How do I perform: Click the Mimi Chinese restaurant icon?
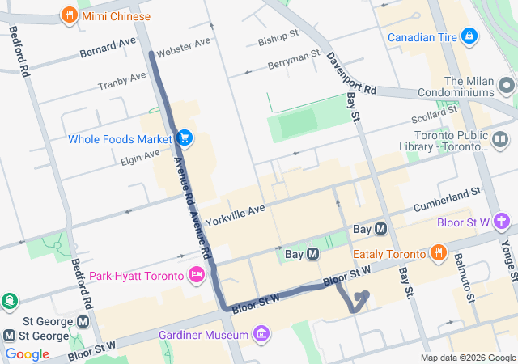[70, 15]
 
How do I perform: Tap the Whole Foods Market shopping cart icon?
[185, 139]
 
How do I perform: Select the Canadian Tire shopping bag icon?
[469, 36]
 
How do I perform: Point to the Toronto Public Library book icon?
[501, 141]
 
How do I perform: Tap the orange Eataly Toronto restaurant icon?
[439, 253]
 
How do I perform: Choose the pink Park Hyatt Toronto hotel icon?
[196, 276]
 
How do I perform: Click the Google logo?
[27, 354]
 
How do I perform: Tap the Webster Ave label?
[184, 47]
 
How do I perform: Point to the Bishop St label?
[278, 39]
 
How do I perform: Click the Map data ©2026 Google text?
[468, 358]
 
